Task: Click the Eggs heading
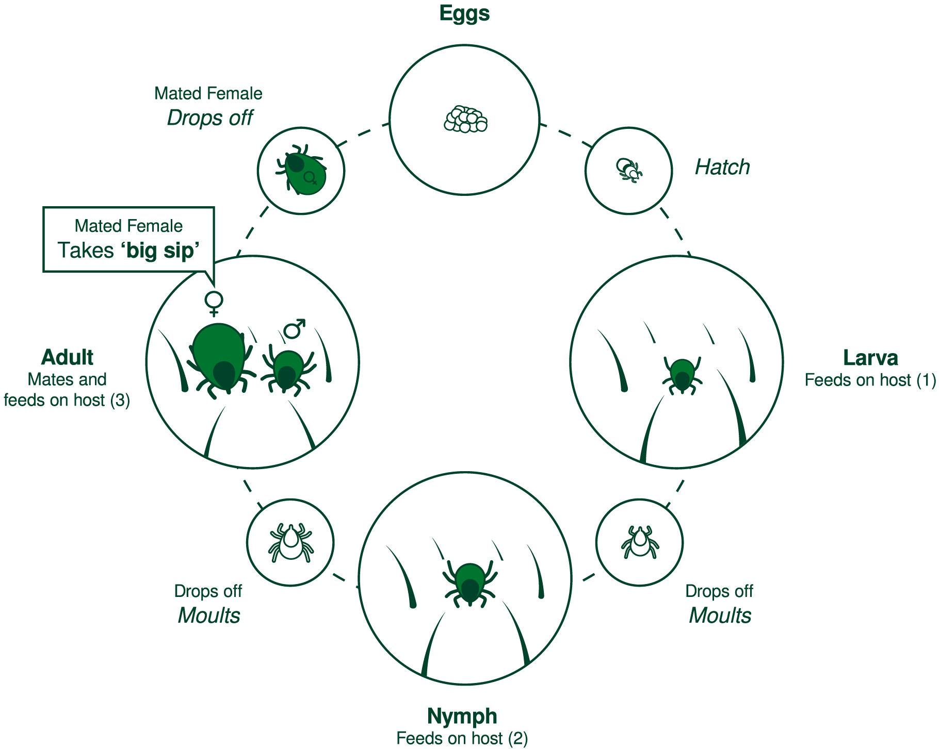[464, 13]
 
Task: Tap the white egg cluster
[465, 120]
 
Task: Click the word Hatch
[722, 167]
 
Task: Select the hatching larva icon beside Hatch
[629, 170]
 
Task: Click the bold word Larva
[870, 358]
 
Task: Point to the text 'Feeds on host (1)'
[870, 380]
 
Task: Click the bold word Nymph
[462, 716]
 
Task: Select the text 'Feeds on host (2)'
[462, 738]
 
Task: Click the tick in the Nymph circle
[470, 584]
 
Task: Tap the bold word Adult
[67, 357]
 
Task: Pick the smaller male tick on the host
[287, 369]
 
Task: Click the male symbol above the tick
[295, 329]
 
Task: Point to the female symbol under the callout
[214, 303]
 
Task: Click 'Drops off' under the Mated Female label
[210, 118]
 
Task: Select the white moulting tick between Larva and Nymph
[640, 542]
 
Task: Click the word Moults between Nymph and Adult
[209, 615]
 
